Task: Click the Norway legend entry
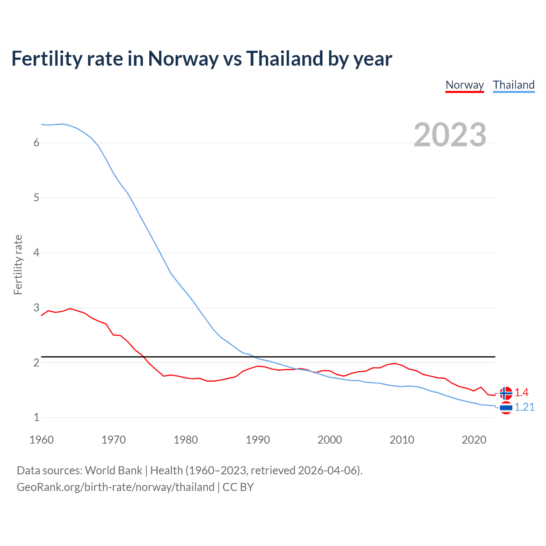point(465,85)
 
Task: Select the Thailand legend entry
point(514,85)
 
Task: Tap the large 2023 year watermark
point(450,135)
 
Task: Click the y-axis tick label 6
point(36,143)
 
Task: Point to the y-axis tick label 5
point(36,198)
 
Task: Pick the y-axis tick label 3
point(36,308)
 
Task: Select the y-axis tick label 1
point(36,418)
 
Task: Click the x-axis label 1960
point(41,440)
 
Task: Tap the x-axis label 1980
point(186,440)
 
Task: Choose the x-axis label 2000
point(330,440)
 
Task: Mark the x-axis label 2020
point(474,440)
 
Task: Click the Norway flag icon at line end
point(506,393)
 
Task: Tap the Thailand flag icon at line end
point(506,408)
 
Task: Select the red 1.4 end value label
point(521,392)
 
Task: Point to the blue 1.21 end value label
point(524,407)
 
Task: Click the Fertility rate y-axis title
point(18,264)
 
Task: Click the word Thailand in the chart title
point(285,59)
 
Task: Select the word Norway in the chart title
point(183,59)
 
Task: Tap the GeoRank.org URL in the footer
point(115,487)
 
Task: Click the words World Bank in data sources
point(113,470)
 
